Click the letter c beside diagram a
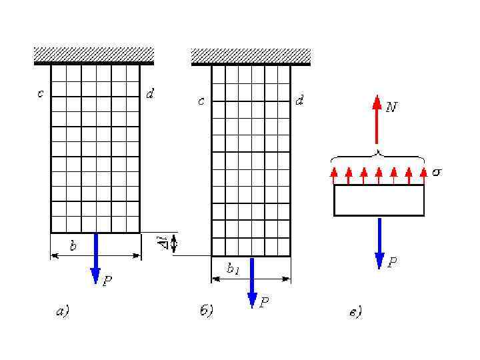tap(40, 94)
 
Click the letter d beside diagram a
tap(151, 94)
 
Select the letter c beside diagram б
tap(201, 101)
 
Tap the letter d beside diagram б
tap(300, 101)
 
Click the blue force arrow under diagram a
tap(95, 257)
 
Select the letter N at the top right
tap(392, 107)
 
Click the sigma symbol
tap(437, 172)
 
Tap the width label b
tap(73, 246)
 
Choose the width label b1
tap(233, 269)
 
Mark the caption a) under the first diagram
tap(61, 310)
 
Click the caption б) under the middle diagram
tap(206, 311)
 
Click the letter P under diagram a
tap(107, 282)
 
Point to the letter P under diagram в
tap(393, 263)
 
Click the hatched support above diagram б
tap(251, 56)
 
